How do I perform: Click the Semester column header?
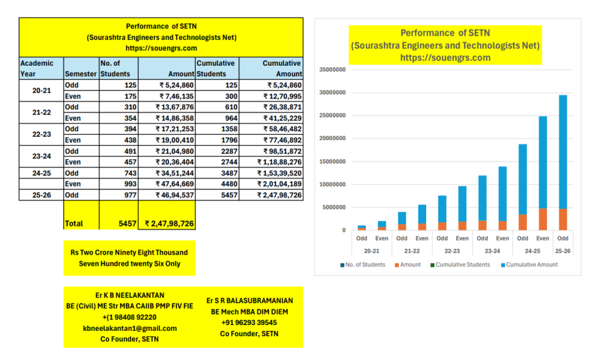[x=81, y=74]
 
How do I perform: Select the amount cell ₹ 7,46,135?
[x=174, y=96]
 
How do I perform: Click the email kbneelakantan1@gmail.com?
[x=130, y=328]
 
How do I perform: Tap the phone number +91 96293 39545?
[x=249, y=323]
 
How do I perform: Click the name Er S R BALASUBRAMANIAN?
[x=249, y=300]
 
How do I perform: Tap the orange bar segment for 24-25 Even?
[x=542, y=219]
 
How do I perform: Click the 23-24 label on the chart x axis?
[x=492, y=251]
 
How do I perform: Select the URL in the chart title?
[x=445, y=57]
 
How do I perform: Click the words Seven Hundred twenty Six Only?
[x=130, y=263]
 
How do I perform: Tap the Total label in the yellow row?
[x=74, y=224]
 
